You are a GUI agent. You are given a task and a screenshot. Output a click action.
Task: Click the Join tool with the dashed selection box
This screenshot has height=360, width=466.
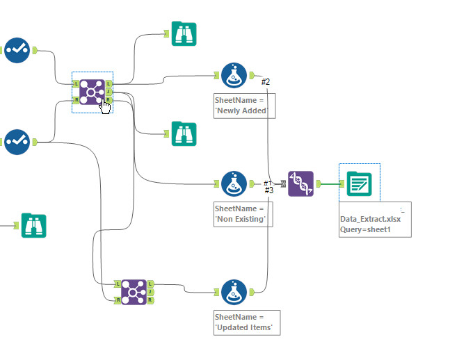[x=92, y=91]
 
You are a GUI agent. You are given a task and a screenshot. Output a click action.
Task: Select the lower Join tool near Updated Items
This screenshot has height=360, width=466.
[x=134, y=292]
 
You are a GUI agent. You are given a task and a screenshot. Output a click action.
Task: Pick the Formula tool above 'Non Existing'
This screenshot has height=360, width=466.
[x=234, y=184]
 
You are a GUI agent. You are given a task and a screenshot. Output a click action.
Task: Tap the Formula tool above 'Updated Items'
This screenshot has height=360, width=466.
[x=234, y=293]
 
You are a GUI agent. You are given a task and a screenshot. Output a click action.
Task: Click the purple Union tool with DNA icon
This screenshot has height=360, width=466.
[x=301, y=183]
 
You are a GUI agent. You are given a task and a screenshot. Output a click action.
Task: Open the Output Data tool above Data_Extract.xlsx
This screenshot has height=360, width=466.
[x=359, y=183]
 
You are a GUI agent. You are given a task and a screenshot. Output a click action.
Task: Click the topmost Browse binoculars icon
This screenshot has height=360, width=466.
[x=184, y=33]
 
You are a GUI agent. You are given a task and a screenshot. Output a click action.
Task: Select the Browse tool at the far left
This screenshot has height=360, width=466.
[x=33, y=225]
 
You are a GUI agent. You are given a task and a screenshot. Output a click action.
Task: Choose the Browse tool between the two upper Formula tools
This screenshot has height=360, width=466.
[x=184, y=133]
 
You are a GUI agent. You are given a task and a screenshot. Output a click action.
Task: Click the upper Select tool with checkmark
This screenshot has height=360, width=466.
[x=16, y=50]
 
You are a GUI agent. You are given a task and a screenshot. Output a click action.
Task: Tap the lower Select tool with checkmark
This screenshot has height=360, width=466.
[x=16, y=142]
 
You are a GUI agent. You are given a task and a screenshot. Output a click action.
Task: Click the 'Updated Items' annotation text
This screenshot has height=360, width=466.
[x=247, y=327]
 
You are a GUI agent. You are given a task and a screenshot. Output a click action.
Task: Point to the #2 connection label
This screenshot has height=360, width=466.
[x=266, y=82]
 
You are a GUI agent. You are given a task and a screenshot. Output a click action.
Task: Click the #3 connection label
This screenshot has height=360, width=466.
[x=269, y=190]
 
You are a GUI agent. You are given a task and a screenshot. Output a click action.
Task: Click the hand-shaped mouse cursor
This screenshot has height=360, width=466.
[x=105, y=105]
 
